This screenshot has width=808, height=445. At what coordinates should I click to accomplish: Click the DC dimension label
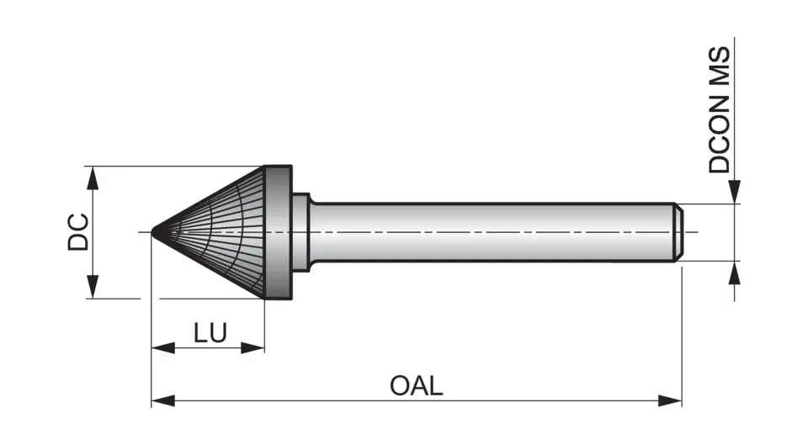78,232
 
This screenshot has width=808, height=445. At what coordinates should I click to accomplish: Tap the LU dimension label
210,333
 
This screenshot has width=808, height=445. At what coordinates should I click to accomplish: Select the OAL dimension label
416,386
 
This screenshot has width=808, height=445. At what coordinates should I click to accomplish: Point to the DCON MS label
720,109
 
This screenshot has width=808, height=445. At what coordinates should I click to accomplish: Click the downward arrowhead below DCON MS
736,193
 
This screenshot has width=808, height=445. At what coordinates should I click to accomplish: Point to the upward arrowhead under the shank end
736,272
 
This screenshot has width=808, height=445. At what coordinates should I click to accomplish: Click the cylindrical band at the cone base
279,232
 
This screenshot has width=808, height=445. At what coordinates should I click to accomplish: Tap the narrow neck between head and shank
301,232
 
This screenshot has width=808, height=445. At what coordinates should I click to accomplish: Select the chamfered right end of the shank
678,232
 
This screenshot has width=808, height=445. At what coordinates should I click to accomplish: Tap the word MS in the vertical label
720,64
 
